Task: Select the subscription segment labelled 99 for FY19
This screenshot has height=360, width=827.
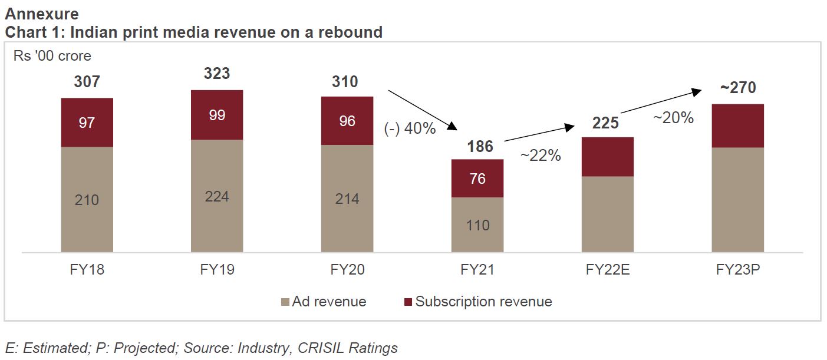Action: point(217,115)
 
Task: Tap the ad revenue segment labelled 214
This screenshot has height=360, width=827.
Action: point(347,199)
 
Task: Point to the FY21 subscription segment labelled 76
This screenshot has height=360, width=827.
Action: point(477,178)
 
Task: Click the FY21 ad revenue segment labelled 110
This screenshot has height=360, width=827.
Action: point(477,225)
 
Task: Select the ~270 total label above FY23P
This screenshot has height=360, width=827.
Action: point(738,88)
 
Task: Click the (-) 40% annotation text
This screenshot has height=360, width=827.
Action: point(410,128)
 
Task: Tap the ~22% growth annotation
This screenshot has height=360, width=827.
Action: point(540,156)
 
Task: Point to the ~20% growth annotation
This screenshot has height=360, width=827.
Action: point(673,118)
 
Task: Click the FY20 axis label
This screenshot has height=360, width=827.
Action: point(347,270)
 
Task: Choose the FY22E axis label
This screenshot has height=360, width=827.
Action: point(608,270)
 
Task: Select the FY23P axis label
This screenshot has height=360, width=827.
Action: point(738,270)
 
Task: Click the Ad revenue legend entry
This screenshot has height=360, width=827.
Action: point(331,302)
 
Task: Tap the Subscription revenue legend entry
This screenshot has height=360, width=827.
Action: point(483,302)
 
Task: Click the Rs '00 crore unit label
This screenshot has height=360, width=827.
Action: point(52,56)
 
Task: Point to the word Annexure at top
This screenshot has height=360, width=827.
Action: point(41,13)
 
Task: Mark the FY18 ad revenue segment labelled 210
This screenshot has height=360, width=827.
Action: point(87,200)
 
